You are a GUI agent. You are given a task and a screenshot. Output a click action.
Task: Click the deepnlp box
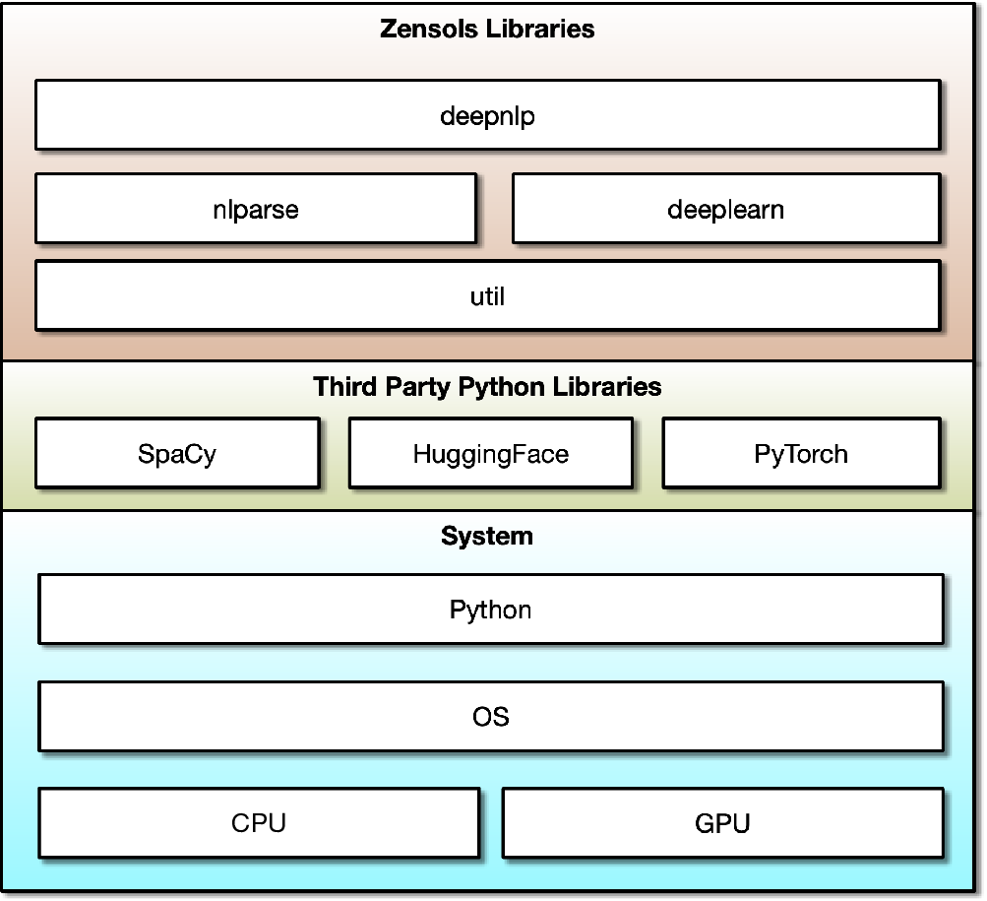(x=488, y=114)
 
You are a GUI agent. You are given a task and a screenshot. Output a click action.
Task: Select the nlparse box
(x=256, y=208)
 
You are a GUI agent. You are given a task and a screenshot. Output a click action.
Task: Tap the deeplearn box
(x=726, y=208)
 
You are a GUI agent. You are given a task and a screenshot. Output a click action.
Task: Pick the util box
(x=488, y=295)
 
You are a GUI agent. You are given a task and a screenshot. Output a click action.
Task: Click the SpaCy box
(x=177, y=452)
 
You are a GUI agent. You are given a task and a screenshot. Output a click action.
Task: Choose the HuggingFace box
(x=491, y=452)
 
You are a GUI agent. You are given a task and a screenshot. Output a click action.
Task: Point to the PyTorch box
(x=801, y=452)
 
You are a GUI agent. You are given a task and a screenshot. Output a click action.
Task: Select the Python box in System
(x=491, y=609)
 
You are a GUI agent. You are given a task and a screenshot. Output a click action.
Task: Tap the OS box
(x=491, y=716)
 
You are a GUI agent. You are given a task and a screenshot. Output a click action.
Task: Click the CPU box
(x=259, y=822)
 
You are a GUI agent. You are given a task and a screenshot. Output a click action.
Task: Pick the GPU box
(x=723, y=822)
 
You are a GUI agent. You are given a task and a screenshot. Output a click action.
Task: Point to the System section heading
(x=487, y=537)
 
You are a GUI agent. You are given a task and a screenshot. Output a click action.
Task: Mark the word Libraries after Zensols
(x=539, y=29)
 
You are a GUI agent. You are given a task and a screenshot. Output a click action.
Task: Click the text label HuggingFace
(x=491, y=454)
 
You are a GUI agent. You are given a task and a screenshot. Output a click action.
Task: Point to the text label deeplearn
(x=726, y=210)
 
